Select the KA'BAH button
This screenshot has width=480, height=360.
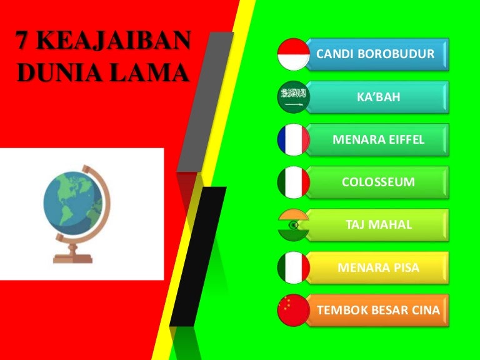point(377,97)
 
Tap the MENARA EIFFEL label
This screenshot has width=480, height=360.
point(377,139)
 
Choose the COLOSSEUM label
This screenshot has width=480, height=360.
point(377,182)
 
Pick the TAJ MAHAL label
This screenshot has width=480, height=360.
point(377,225)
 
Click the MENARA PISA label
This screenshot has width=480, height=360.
point(377,267)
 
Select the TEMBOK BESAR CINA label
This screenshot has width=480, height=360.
point(377,310)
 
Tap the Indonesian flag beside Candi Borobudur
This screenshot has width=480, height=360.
point(294,54)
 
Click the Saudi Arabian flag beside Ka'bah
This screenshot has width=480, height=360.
point(294,97)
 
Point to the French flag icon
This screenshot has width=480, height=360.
point(294,139)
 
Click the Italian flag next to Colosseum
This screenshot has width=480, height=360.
point(294,182)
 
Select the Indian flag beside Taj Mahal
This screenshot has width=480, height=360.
point(294,225)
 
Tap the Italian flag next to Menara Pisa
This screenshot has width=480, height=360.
point(294,267)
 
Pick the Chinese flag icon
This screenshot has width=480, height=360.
point(294,310)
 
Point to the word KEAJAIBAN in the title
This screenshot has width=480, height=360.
point(114,40)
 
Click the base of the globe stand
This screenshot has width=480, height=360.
point(72,259)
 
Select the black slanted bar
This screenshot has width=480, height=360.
point(198,256)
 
